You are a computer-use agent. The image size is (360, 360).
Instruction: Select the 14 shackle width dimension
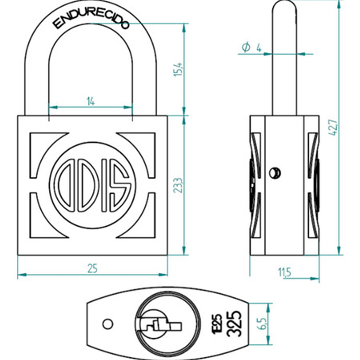click(x=90, y=100)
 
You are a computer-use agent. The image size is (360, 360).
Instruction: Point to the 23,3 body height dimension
click(x=178, y=185)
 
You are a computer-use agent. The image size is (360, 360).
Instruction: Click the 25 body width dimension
click(x=92, y=268)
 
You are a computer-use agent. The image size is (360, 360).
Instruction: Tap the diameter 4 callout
click(x=251, y=47)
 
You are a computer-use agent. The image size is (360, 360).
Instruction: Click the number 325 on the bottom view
click(x=235, y=324)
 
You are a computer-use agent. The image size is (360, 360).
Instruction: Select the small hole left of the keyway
click(x=108, y=324)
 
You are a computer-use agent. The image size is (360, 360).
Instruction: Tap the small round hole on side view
click(x=274, y=173)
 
